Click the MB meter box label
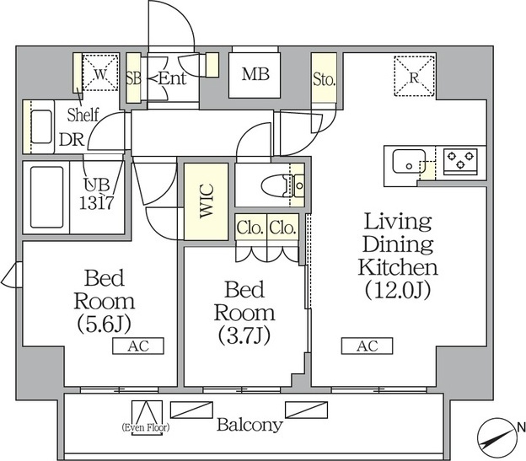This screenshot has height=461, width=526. point(255,74)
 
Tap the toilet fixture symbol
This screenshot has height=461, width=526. point(282,185)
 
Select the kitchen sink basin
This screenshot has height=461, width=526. point(409,161)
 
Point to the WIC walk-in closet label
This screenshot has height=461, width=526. point(207,201)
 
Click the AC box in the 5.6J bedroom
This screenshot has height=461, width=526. point(138,346)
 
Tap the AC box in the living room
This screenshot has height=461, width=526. point(367,346)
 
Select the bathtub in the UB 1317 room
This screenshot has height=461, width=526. point(46,197)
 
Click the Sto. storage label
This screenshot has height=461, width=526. point(324,79)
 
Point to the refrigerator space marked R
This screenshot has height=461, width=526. point(414,77)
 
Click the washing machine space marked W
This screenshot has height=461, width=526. point(100,72)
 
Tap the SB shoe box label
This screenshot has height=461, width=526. point(133,78)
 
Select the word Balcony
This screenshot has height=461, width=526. point(250,425)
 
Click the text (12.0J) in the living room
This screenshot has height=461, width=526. point(398,291)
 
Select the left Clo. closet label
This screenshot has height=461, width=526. point(250,228)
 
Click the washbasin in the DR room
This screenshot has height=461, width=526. point(41,126)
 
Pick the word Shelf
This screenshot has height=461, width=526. point(83,115)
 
